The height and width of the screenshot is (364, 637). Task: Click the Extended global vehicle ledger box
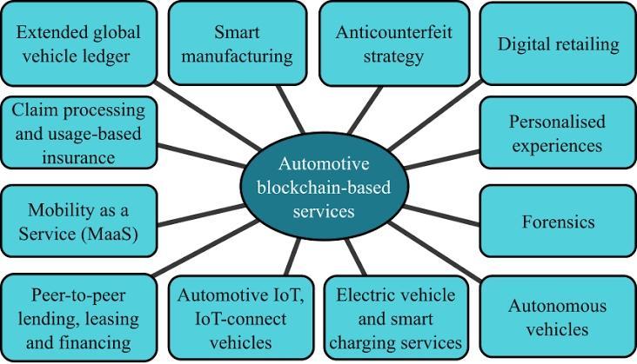77,44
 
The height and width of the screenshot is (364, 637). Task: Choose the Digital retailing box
558,43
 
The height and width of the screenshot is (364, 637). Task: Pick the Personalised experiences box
557,133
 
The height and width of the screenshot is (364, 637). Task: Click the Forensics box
558,222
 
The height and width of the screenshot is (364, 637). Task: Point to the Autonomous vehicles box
557,317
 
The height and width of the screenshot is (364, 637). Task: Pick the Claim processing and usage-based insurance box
77,133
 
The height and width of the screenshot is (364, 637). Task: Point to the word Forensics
558,222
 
